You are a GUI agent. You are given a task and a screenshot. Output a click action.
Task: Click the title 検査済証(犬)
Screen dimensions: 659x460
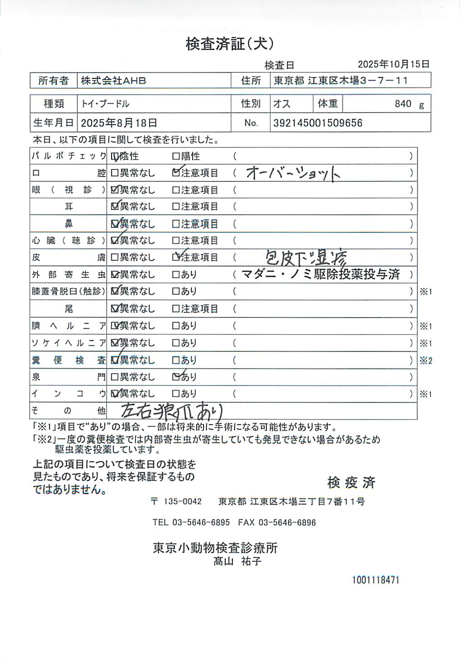click(230, 44)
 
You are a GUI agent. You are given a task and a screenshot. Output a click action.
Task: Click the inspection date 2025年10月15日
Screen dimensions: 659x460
click(394, 65)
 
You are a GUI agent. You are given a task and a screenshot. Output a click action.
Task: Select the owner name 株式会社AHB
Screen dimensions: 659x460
click(113, 81)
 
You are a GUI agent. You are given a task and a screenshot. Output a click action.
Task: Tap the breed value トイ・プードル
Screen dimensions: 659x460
click(105, 104)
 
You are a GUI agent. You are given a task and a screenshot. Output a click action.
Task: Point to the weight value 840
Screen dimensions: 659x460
click(403, 104)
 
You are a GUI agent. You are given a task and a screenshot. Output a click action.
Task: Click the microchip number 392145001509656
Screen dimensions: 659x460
click(318, 123)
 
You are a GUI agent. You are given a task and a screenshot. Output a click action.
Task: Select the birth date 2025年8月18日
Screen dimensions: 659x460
click(119, 123)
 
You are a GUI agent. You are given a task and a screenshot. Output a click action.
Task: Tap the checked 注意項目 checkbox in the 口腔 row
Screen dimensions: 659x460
click(176, 173)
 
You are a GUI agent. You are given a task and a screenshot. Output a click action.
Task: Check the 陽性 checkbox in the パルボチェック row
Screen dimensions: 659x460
click(176, 157)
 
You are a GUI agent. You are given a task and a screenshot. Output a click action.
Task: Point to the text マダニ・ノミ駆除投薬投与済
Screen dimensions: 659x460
click(321, 274)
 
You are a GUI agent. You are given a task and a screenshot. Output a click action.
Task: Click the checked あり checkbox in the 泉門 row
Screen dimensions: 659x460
click(176, 377)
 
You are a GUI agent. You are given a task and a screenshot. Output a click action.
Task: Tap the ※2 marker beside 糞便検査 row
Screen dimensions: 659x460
click(426, 360)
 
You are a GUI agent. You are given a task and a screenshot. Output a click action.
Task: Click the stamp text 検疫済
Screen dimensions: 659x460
click(351, 482)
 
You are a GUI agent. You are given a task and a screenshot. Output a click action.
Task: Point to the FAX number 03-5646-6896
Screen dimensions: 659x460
click(287, 522)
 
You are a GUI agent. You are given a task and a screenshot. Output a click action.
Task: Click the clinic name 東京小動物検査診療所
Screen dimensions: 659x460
click(215, 547)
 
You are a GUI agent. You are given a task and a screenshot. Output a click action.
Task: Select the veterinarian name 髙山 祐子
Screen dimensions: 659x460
click(237, 561)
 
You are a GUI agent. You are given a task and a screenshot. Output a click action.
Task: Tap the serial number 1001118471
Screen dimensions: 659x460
click(375, 580)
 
